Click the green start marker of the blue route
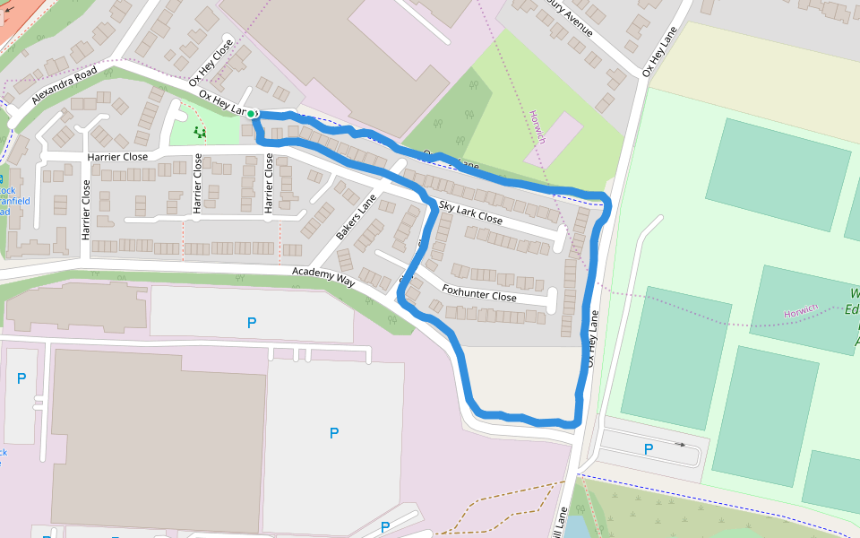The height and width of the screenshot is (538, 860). (252, 114)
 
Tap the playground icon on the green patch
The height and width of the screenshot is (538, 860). (200, 133)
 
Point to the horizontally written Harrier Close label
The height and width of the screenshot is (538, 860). (117, 157)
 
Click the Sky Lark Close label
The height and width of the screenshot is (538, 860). (470, 212)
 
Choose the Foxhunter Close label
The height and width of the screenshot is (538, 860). (479, 292)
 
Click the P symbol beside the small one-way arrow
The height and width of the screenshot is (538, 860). (649, 448)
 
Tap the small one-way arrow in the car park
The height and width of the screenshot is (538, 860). (680, 444)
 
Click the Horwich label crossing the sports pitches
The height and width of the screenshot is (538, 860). (801, 310)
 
